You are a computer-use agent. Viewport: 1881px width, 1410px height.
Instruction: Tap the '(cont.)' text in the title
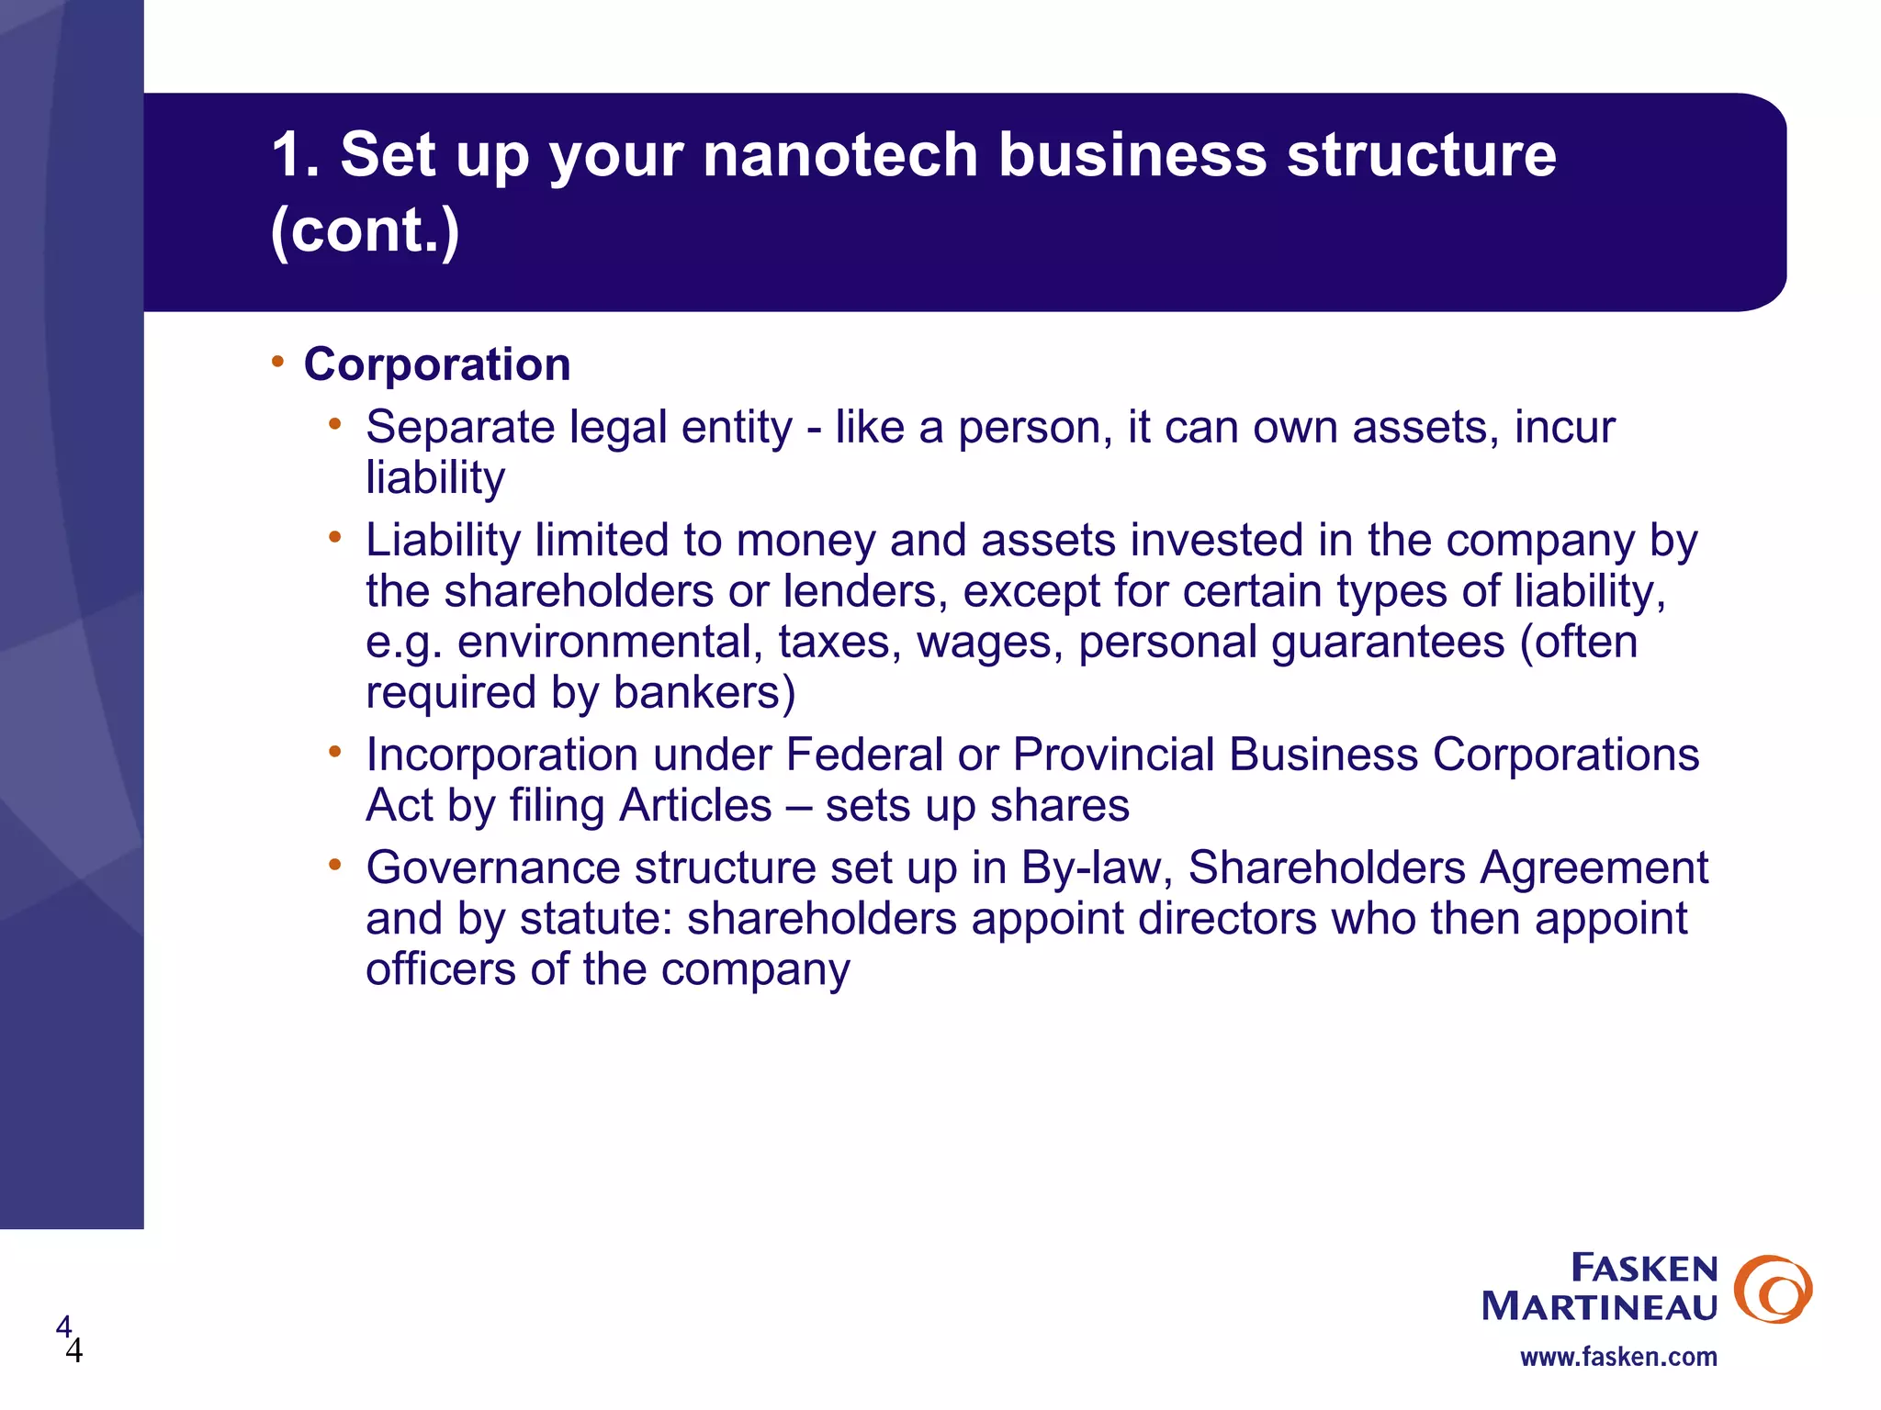[x=365, y=230]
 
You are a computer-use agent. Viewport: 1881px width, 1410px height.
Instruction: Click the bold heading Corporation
[x=437, y=364]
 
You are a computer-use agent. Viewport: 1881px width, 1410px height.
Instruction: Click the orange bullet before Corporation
[x=277, y=361]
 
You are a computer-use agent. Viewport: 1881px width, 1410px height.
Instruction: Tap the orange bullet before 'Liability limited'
[x=335, y=536]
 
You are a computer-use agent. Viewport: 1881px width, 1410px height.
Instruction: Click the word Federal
[x=864, y=755]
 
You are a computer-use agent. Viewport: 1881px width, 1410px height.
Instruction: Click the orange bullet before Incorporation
[x=335, y=752]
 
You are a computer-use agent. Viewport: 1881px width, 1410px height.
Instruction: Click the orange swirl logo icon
[x=1773, y=1289]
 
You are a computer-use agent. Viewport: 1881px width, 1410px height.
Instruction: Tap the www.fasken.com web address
[x=1618, y=1357]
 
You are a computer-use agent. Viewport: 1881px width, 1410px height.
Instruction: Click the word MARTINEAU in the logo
[x=1599, y=1306]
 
